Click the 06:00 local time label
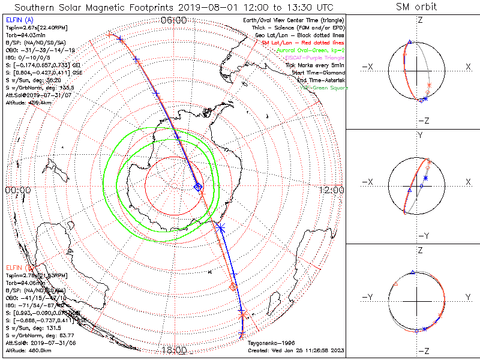click(174, 20)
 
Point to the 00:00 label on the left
click(18, 190)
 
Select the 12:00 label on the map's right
click(332, 190)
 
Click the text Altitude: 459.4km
click(28, 103)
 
